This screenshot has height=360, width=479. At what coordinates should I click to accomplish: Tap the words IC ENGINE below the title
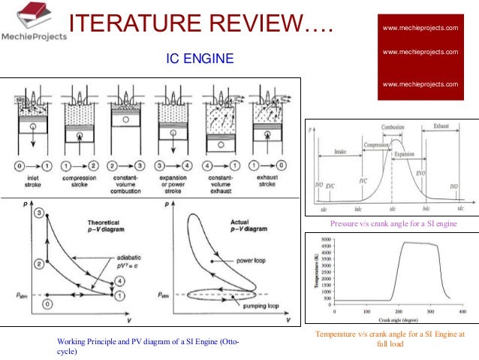tap(200, 57)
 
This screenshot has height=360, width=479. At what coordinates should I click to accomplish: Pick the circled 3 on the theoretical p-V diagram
tap(38, 214)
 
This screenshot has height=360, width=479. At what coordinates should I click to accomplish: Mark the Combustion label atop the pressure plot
tap(393, 129)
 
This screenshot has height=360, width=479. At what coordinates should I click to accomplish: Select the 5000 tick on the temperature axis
tap(325, 241)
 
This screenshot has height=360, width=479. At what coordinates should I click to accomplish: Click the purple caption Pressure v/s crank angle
tap(393, 224)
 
